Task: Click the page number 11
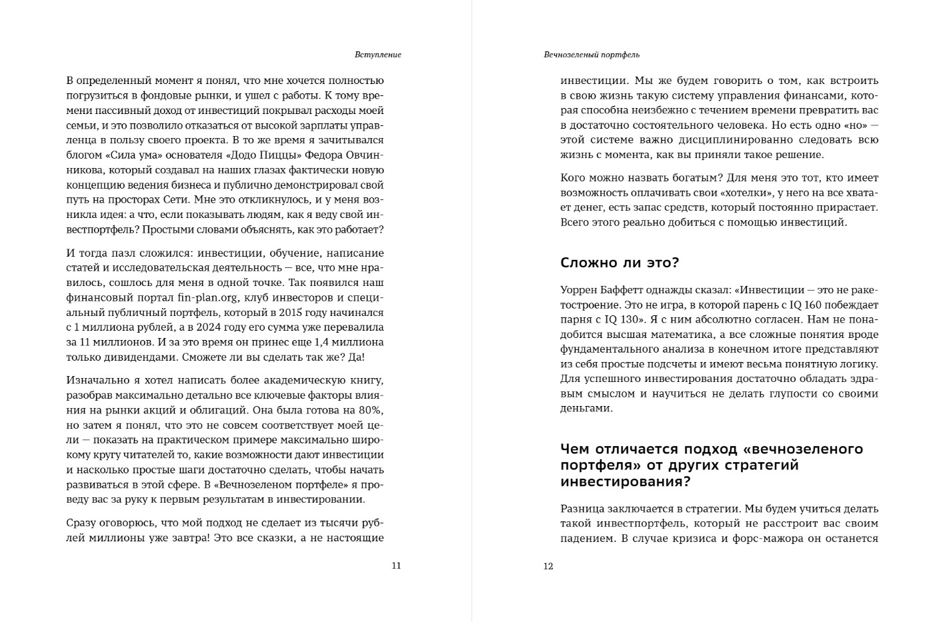click(396, 566)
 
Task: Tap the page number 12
click(548, 567)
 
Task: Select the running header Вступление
click(378, 55)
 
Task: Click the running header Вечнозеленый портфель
click(592, 55)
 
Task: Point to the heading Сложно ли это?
click(620, 263)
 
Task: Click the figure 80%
click(371, 410)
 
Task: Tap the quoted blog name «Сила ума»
click(126, 155)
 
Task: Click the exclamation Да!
click(357, 357)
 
